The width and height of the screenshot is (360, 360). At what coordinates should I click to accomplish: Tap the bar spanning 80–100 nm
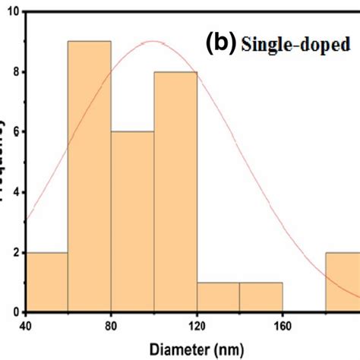click(x=132, y=220)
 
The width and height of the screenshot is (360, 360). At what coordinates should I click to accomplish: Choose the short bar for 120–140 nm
click(x=219, y=297)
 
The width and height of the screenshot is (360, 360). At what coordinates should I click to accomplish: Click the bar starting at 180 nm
click(x=343, y=282)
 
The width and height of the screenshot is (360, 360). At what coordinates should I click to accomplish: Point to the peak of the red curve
click(x=153, y=41)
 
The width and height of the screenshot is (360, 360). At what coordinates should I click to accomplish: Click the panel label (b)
click(x=219, y=43)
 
